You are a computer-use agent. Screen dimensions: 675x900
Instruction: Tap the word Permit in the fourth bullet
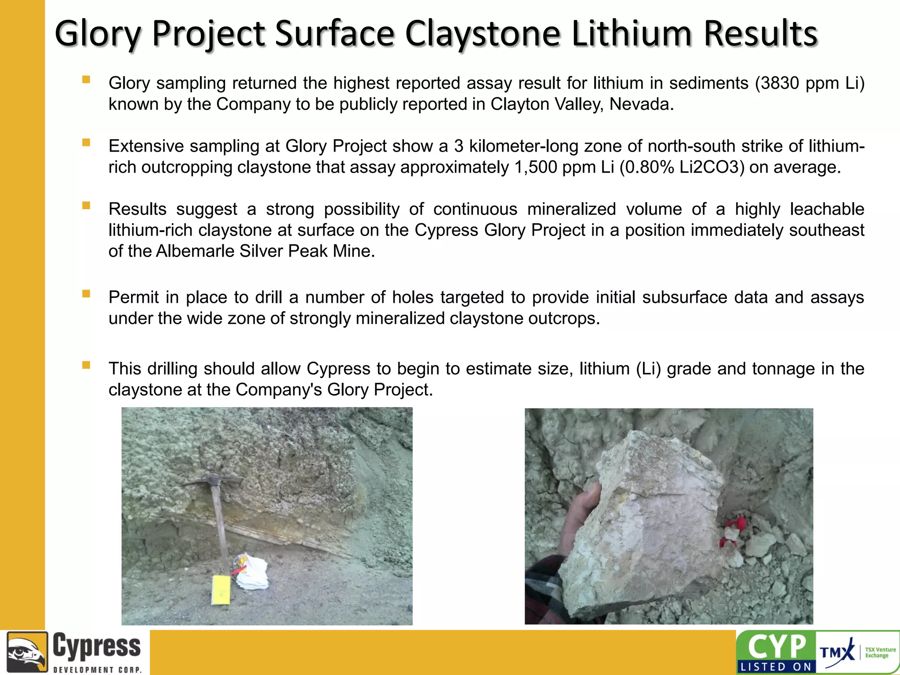[134, 298]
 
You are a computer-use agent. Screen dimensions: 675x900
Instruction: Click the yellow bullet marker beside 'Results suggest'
[86, 205]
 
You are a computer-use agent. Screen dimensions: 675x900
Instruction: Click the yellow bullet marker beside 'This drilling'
[86, 365]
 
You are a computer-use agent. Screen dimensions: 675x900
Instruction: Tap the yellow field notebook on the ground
[220, 589]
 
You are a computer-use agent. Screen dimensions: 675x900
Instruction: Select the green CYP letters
[777, 646]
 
